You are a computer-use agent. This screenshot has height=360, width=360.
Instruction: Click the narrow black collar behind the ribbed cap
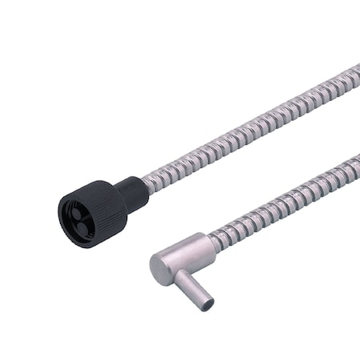132,191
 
